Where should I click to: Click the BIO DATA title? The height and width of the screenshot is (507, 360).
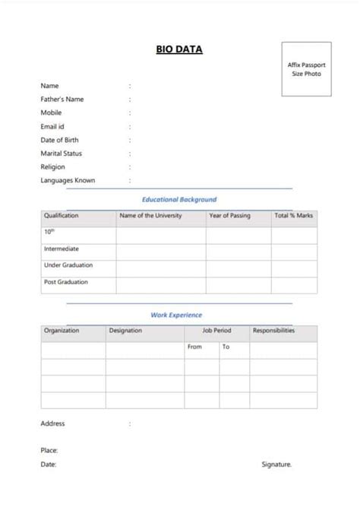point(179,50)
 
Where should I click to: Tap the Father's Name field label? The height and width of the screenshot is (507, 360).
point(62,100)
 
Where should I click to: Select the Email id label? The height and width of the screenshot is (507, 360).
point(52,126)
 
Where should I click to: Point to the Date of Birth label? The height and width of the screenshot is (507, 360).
point(59,140)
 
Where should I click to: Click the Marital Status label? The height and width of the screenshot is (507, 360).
point(62,154)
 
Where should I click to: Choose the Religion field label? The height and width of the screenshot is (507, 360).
point(53,166)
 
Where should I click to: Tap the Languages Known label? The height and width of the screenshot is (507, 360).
point(68,180)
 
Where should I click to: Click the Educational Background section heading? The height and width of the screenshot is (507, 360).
point(179,199)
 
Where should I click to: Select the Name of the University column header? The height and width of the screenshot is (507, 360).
point(151,216)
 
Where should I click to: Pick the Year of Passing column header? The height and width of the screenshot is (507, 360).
point(229,216)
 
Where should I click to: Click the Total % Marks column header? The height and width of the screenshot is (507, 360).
point(293,216)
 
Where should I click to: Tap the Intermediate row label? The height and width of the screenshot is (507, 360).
point(62,249)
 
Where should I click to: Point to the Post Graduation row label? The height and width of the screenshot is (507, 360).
point(66,282)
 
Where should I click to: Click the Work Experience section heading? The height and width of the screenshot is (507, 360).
point(176,315)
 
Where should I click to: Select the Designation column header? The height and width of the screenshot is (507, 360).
point(125,331)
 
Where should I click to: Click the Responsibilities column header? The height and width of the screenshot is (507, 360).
point(274,331)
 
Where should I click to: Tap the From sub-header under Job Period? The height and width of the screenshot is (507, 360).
point(194,347)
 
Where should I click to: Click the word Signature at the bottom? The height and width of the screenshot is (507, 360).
point(276,464)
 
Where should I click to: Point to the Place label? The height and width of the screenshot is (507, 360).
point(49,450)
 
